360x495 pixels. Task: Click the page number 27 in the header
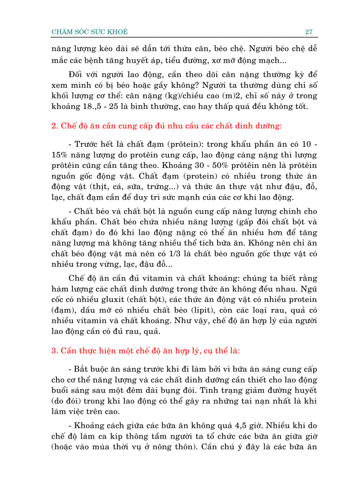(308, 32)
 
